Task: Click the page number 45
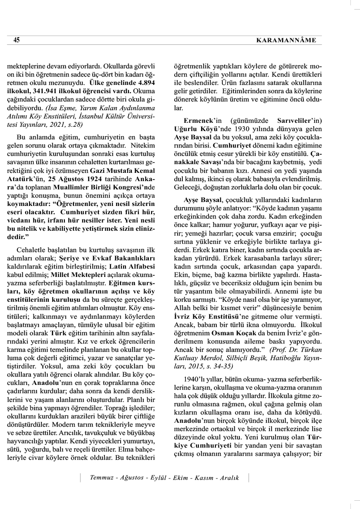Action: point(17,40)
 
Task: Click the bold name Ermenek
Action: point(187,119)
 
